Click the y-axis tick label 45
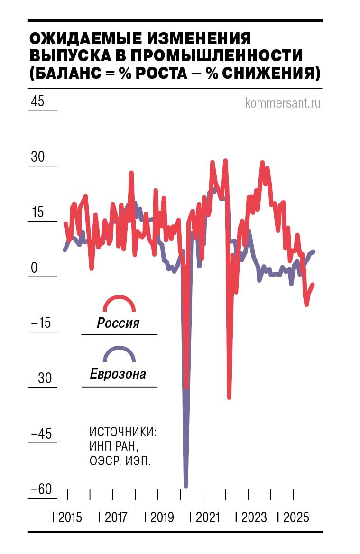(x=37, y=102)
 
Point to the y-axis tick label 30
(x=37, y=157)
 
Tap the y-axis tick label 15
(x=37, y=212)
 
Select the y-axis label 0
(x=34, y=268)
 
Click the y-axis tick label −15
(x=40, y=323)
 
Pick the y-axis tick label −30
(x=40, y=379)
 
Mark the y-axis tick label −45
(x=40, y=434)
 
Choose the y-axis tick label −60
(x=40, y=489)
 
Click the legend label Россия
(x=118, y=323)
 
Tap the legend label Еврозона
(x=118, y=374)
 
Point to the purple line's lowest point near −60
(x=185, y=486)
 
